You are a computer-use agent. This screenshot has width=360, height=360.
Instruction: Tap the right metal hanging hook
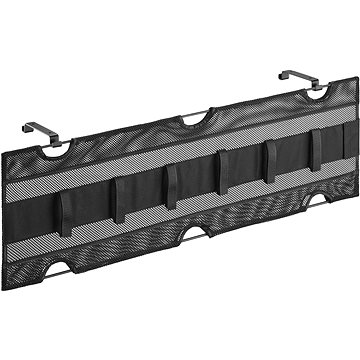(298, 76)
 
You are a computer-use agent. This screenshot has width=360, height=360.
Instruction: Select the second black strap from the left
(118, 200)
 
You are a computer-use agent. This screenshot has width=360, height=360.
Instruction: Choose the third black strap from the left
(171, 186)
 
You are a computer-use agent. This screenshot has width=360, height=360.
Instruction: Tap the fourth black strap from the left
(222, 171)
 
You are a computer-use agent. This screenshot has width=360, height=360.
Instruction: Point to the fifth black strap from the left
(269, 160)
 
